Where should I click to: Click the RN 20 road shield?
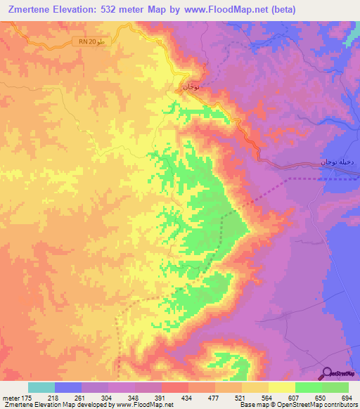pos(91,43)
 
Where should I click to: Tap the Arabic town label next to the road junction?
pos(190,87)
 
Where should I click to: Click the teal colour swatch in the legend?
pos(41,387)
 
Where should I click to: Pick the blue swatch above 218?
pos(68,387)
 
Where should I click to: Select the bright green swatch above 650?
pos(309,387)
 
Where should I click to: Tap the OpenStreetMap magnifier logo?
pos(328,373)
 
